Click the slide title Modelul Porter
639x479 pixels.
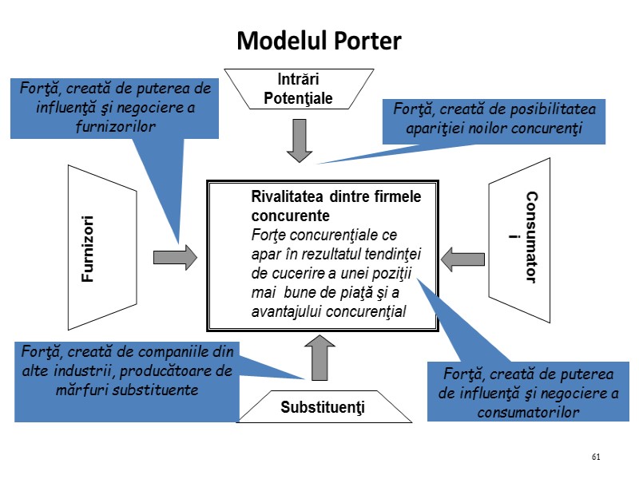click(x=319, y=41)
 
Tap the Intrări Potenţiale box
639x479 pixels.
click(x=298, y=89)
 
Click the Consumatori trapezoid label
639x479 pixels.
click(x=530, y=238)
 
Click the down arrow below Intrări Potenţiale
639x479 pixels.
click(x=299, y=140)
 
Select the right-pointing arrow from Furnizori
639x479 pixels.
click(x=175, y=256)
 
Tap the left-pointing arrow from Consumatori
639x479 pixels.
click(x=463, y=258)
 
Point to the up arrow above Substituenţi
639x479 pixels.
click(x=319, y=357)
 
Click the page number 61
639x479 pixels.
click(x=596, y=457)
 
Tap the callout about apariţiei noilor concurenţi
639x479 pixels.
click(x=494, y=121)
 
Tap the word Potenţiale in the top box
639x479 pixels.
click(x=298, y=98)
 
